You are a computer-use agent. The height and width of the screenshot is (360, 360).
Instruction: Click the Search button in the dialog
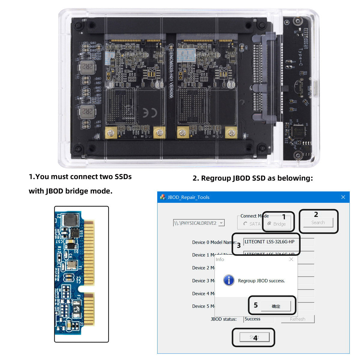coord(318,223)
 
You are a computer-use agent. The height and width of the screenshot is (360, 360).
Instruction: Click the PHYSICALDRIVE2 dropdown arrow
coord(221,223)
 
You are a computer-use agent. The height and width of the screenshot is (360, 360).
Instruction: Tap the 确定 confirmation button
coord(276,306)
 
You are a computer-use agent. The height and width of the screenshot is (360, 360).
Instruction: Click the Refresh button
coord(298,319)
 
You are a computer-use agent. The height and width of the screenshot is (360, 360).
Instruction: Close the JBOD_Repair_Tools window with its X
coord(343,197)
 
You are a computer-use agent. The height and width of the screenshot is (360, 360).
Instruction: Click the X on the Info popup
coord(291,259)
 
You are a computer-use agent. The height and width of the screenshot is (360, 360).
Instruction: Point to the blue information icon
coord(229,280)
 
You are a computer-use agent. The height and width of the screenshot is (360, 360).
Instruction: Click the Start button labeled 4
coord(254,337)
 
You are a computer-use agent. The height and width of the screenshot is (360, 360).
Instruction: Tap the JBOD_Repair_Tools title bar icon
coord(163,197)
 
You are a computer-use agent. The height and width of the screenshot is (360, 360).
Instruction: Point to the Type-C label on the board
coord(300,57)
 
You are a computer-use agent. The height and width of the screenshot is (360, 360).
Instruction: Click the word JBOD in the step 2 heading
coord(242,178)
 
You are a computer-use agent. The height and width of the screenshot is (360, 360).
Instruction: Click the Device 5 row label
coord(203,306)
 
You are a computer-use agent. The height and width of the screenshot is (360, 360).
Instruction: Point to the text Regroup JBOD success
coord(261,281)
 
